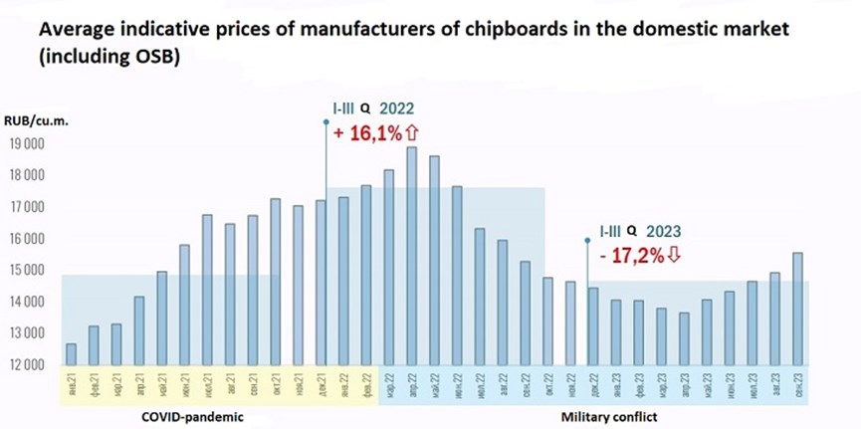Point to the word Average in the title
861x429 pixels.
click(x=77, y=30)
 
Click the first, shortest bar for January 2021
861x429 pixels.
click(x=72, y=354)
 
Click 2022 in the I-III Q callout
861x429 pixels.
click(x=396, y=108)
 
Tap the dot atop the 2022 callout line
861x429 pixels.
click(x=327, y=121)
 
